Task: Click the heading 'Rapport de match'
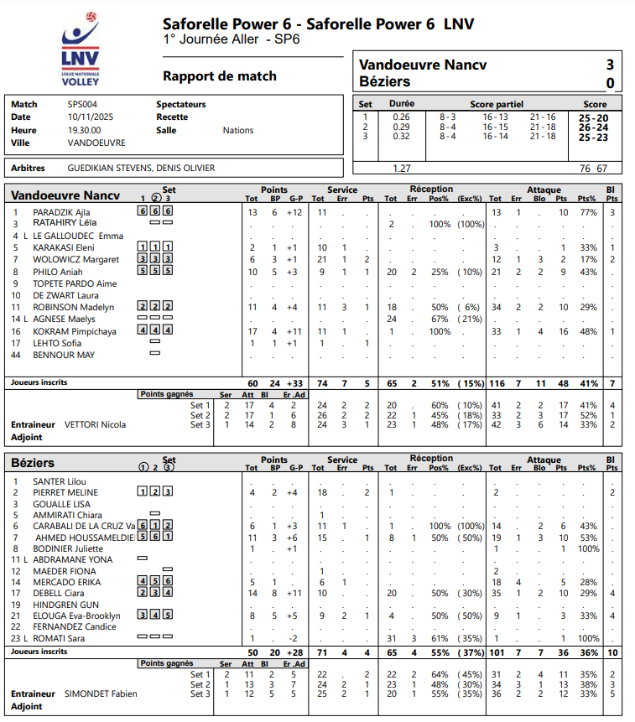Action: (220, 76)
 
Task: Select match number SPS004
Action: (82, 104)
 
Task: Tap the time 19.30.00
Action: (84, 130)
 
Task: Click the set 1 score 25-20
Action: (593, 117)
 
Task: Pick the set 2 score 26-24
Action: (593, 127)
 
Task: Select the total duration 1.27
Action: (402, 169)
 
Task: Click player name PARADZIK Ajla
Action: (61, 212)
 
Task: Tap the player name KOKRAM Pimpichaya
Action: (75, 331)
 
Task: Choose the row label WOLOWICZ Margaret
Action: (75, 260)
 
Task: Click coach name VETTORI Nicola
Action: (95, 425)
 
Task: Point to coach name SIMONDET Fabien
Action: (101, 693)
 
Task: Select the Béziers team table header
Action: (34, 463)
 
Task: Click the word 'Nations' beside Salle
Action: (237, 130)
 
